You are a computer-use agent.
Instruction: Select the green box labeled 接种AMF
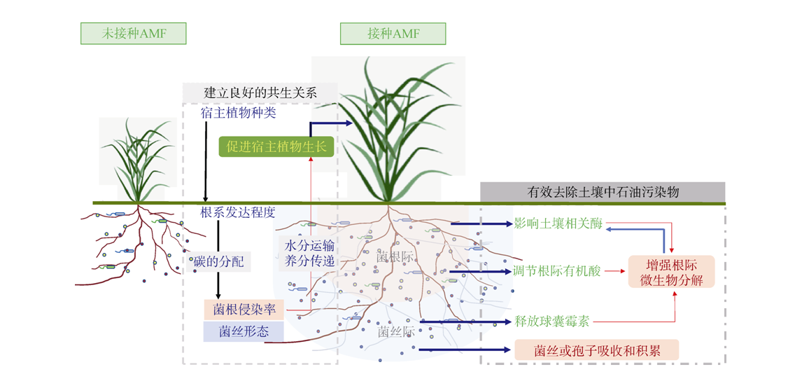(393, 34)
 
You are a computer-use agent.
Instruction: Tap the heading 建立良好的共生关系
(260, 92)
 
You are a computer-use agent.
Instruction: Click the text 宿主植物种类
(242, 112)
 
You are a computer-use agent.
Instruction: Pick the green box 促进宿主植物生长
(277, 146)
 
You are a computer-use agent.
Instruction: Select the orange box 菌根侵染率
(244, 309)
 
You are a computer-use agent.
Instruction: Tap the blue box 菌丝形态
(244, 331)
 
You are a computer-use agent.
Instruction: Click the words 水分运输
(309, 246)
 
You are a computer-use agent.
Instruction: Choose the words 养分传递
(309, 262)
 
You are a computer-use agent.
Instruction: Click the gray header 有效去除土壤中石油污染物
(603, 192)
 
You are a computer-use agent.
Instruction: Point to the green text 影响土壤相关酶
(558, 224)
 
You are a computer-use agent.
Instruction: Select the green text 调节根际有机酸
(558, 271)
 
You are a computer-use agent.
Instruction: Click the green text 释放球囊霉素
(552, 322)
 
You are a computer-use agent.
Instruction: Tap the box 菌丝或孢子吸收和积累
(597, 349)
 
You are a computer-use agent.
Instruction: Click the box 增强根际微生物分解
(671, 272)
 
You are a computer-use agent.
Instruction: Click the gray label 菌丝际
(396, 331)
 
